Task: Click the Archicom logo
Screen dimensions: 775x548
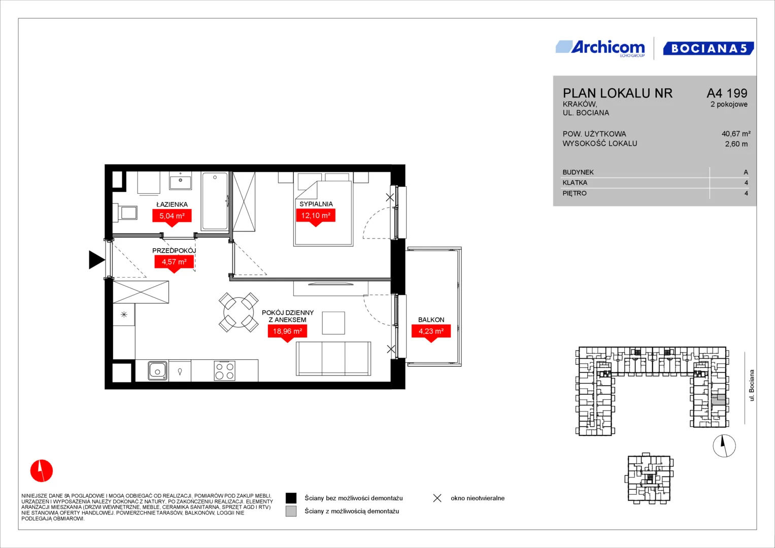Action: [600, 48]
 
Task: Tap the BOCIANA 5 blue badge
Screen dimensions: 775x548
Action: [709, 48]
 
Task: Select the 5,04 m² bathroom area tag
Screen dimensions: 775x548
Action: [172, 218]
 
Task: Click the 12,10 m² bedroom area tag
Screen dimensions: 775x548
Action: [316, 217]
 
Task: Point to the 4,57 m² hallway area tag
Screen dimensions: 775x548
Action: [174, 264]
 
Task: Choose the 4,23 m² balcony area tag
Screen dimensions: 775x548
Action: [431, 333]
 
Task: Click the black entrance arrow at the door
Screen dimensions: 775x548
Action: [96, 259]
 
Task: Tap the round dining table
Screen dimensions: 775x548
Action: [239, 312]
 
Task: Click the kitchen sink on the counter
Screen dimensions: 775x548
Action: [157, 370]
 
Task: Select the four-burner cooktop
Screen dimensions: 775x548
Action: [224, 370]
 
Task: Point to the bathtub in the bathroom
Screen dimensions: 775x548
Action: [215, 201]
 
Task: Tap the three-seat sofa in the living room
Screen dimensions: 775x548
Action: [333, 358]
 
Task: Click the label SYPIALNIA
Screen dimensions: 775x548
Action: [316, 204]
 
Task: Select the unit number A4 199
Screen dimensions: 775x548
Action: [727, 93]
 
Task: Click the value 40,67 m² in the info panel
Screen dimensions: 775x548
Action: [736, 133]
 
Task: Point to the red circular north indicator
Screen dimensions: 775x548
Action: [42, 470]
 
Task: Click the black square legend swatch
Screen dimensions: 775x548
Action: [291, 498]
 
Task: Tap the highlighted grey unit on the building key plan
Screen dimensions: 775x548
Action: [718, 400]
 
